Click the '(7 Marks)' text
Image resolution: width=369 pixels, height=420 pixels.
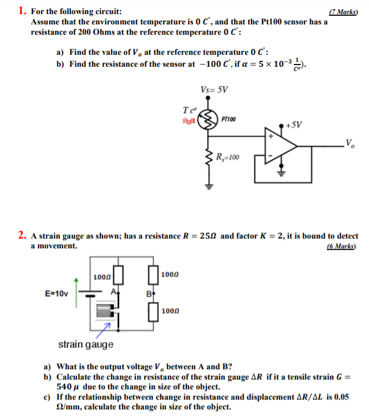pos(343,12)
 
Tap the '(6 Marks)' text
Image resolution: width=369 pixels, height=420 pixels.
pos(342,246)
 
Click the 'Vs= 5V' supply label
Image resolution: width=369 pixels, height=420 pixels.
pos(214,89)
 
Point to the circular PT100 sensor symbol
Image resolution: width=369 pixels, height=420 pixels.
pos(209,120)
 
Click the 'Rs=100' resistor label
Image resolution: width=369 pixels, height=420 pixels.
pos(228,158)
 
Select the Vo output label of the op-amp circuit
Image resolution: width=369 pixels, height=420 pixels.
pos(351,144)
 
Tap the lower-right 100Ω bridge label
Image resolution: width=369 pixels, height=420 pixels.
pos(170,312)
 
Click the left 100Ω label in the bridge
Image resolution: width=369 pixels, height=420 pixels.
pos(102,277)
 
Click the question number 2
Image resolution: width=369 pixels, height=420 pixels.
pos(21,236)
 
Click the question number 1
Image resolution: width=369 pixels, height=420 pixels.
pos(21,11)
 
